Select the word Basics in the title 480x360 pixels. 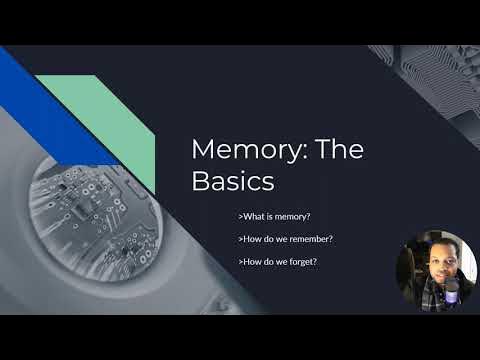(x=232, y=181)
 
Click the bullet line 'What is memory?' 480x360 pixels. (x=276, y=216)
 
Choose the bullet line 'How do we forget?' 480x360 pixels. (x=279, y=262)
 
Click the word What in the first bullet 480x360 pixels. (x=254, y=216)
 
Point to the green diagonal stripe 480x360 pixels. (x=110, y=120)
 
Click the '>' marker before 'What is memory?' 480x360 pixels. (x=241, y=216)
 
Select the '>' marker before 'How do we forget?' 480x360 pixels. (x=241, y=262)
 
